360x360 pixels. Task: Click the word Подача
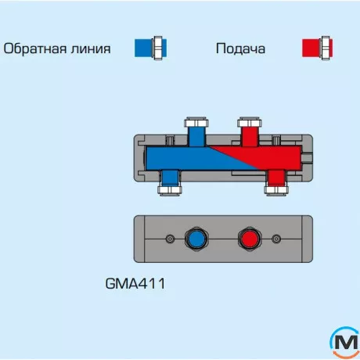(240, 49)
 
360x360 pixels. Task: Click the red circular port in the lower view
(250, 239)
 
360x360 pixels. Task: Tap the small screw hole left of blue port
(169, 239)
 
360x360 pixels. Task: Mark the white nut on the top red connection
(250, 123)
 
